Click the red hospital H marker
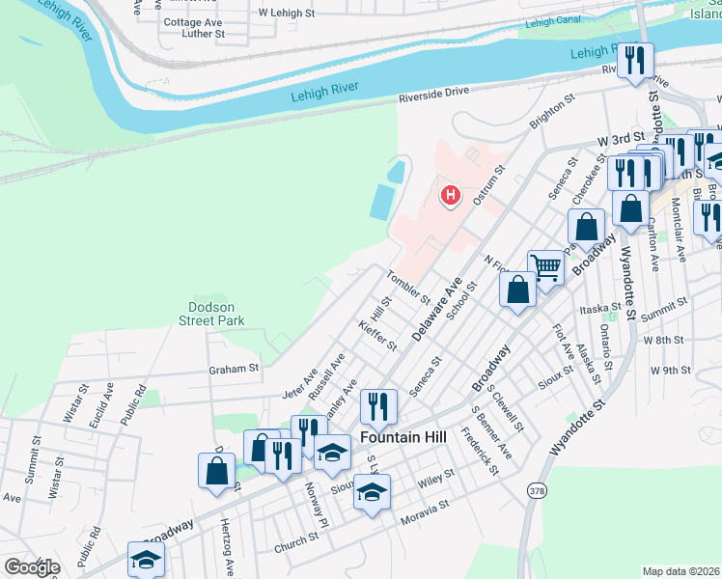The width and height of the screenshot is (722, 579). (450, 195)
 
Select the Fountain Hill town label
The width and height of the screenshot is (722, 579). (403, 437)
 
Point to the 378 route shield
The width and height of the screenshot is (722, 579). (537, 491)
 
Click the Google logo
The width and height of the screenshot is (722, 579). (32, 567)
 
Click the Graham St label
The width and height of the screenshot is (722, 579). (235, 369)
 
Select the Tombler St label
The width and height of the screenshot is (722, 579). (408, 286)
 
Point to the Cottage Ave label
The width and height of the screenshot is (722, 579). (193, 21)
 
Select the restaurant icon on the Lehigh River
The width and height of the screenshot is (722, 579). (635, 61)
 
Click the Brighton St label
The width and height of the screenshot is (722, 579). (552, 111)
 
